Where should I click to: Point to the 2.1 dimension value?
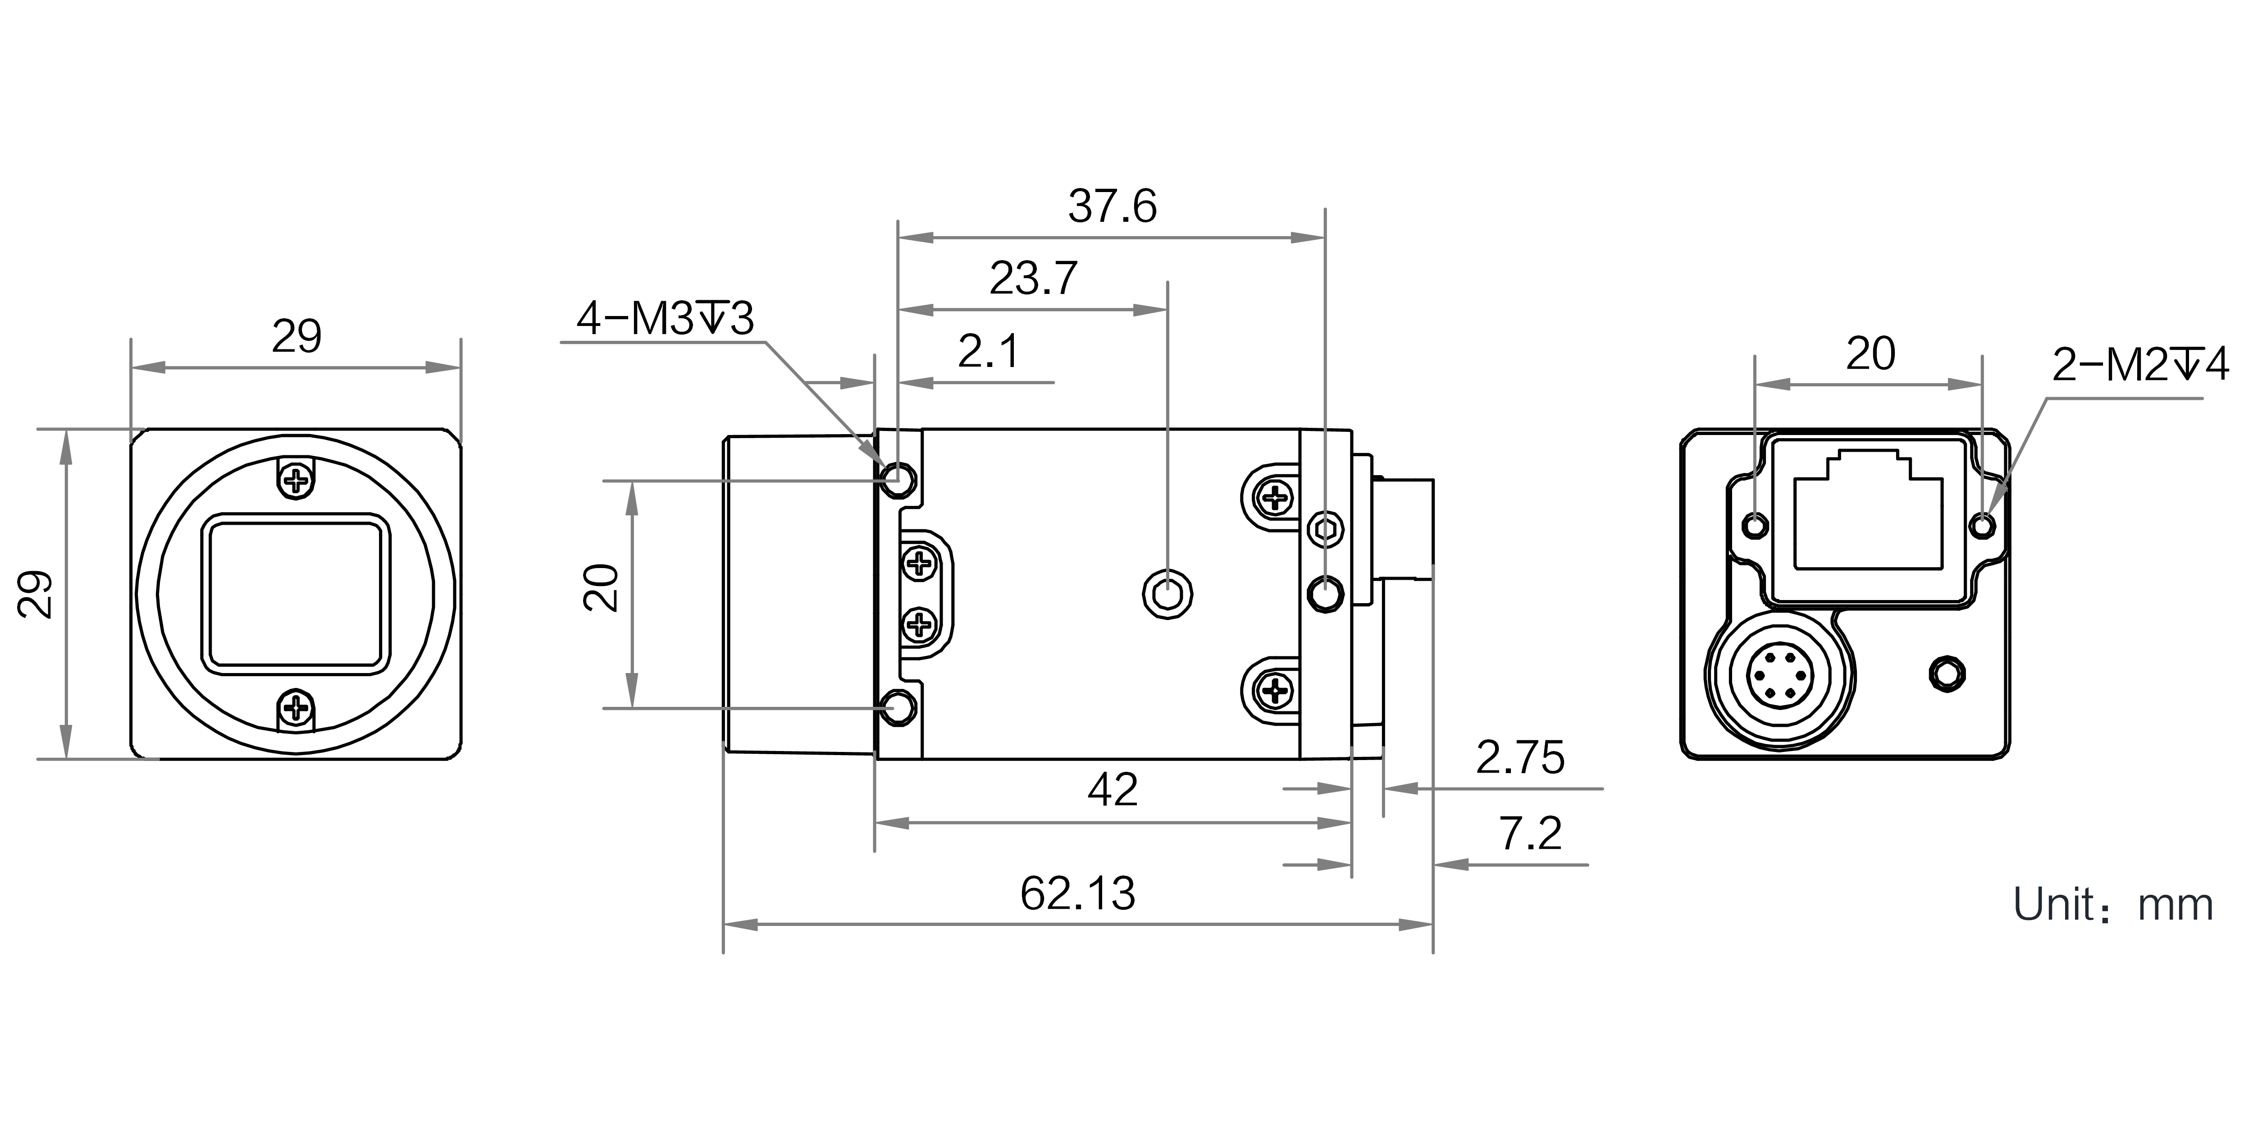988,352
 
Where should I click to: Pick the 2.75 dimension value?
1520,758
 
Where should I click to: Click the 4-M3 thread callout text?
665,319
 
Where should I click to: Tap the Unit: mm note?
2113,905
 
